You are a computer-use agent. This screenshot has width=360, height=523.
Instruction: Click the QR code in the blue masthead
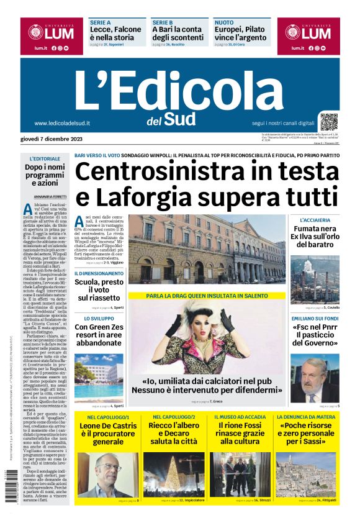click(x=329, y=121)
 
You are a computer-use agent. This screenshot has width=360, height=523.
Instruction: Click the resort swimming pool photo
click(x=99, y=378)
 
